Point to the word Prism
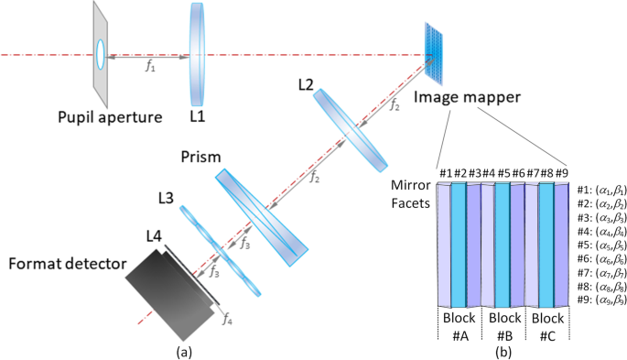(x=200, y=157)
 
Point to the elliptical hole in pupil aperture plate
(x=99, y=54)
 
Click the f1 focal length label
(x=146, y=65)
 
